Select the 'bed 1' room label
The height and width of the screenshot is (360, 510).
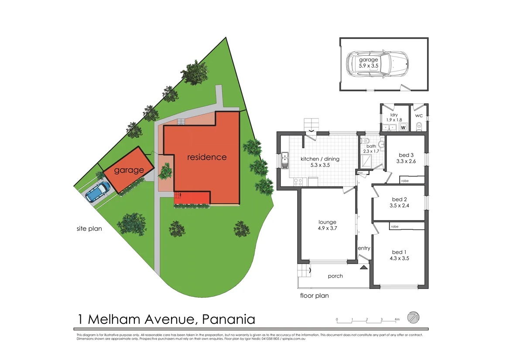399,252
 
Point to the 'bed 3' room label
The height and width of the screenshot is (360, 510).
406,155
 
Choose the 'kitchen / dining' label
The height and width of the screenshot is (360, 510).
320,159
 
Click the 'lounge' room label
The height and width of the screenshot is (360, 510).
327,222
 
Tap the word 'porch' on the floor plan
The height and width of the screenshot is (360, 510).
335,276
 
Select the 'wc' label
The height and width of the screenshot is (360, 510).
419,115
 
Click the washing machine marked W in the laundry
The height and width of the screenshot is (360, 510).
403,128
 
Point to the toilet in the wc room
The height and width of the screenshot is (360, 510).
419,127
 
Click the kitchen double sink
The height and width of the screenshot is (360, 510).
285,160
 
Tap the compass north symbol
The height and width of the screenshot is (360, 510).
413,317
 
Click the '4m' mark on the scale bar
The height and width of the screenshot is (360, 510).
397,319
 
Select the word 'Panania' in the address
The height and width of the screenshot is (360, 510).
229,319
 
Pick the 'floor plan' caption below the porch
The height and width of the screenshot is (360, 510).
314,295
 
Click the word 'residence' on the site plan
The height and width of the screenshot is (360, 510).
207,157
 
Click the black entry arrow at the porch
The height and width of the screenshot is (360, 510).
363,267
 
